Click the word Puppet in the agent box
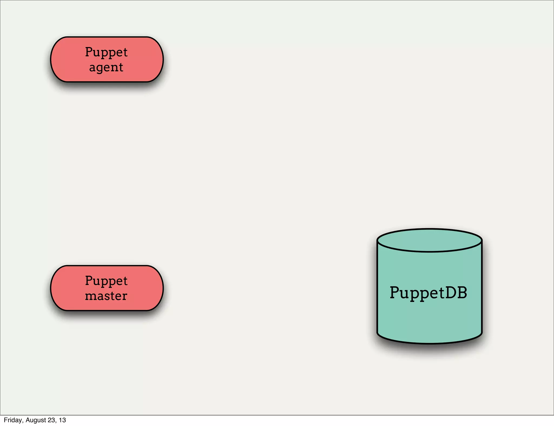click(x=106, y=52)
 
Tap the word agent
click(x=106, y=67)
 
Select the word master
click(x=106, y=296)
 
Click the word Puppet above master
click(x=106, y=281)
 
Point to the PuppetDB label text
click(x=428, y=293)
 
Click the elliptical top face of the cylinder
click(x=429, y=240)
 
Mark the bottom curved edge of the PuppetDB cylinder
click(x=429, y=343)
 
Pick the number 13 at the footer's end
click(x=62, y=420)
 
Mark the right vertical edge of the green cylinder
click(x=482, y=287)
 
